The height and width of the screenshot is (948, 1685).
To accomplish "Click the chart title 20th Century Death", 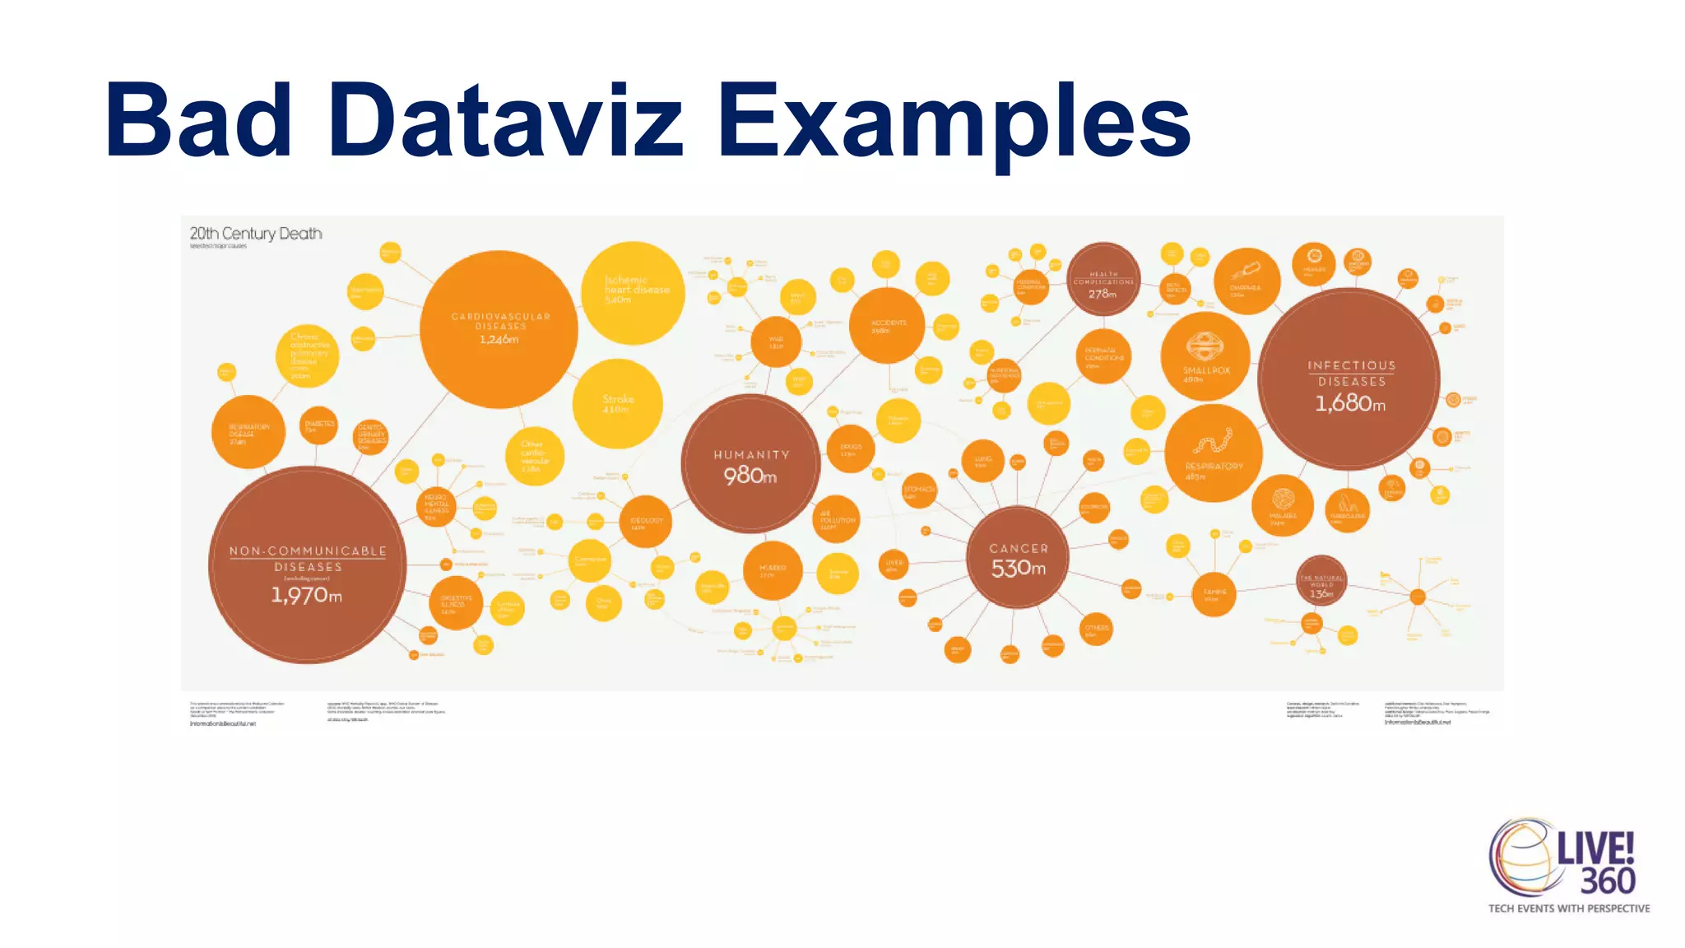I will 256,234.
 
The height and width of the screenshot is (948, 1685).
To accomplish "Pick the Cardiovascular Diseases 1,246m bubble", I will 499,329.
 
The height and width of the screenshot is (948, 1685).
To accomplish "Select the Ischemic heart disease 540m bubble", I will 633,292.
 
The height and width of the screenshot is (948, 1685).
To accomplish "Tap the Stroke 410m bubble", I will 617,403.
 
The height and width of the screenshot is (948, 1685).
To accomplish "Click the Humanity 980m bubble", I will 750,464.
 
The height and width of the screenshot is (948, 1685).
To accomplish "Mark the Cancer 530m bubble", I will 1018,557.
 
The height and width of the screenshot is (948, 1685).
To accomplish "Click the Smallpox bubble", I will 1205,356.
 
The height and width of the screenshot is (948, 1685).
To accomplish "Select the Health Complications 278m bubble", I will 1103,280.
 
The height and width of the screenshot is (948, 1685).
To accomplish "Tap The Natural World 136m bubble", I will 1321,581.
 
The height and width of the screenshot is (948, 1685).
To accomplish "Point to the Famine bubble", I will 1214,593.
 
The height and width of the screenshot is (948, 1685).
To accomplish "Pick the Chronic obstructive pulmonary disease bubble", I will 306,355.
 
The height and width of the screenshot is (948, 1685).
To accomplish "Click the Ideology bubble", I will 646,521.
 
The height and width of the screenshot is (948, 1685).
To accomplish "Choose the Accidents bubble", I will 887,325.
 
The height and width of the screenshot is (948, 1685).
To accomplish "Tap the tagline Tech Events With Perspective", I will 1568,908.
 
